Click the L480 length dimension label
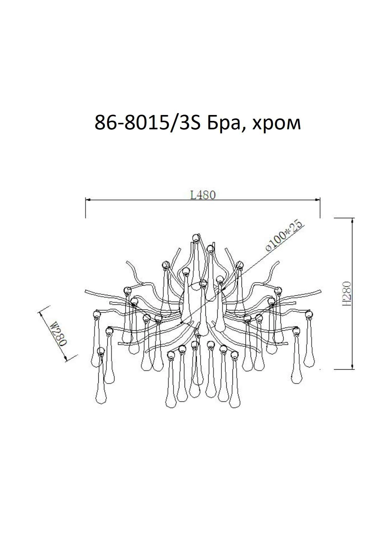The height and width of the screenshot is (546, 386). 203,195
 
